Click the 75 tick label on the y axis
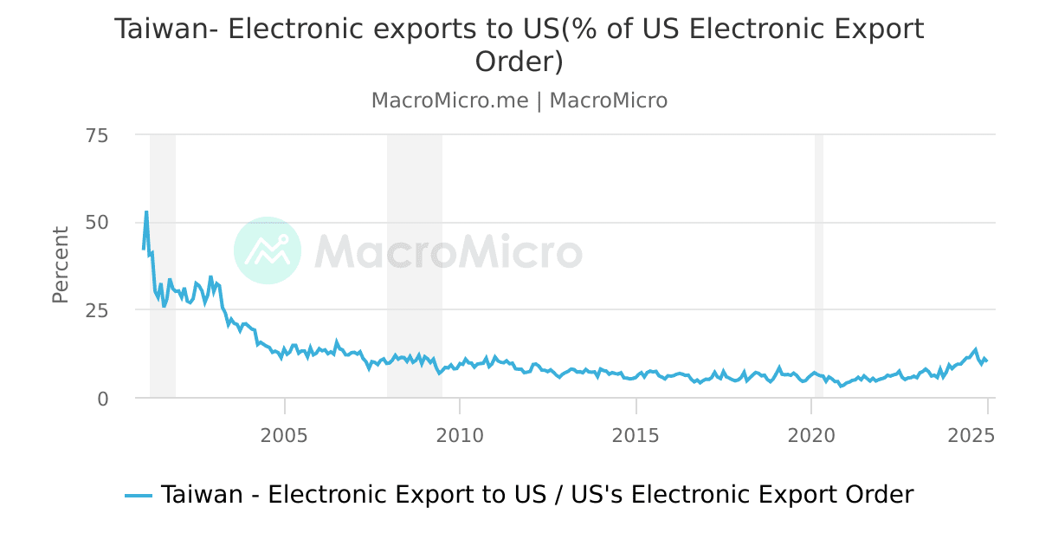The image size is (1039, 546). [x=97, y=135]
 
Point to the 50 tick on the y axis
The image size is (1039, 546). [x=97, y=223]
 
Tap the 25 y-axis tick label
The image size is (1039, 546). [x=97, y=310]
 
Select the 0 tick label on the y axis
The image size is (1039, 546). [x=103, y=398]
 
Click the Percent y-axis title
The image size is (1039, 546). [x=60, y=264]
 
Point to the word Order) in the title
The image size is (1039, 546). [x=519, y=62]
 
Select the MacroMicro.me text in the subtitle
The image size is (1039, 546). [x=449, y=101]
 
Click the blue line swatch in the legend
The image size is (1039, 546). [x=139, y=495]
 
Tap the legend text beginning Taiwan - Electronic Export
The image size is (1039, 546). [x=537, y=495]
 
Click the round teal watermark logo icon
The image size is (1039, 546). [x=268, y=250]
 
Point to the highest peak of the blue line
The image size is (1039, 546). [x=146, y=211]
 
